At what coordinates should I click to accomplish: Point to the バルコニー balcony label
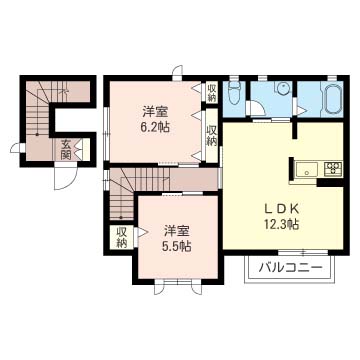pos(290,267)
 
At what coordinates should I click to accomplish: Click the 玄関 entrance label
pos(65,151)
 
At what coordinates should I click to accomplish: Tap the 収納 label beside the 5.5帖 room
pos(121,237)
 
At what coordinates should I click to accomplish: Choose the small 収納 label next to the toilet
pos(212,93)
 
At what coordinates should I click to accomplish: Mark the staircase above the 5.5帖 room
pos(126,190)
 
